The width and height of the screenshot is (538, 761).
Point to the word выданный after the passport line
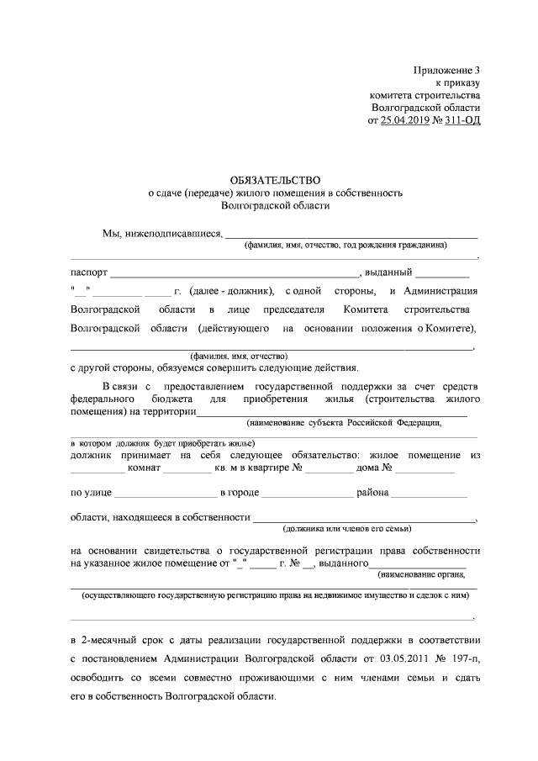tap(388, 272)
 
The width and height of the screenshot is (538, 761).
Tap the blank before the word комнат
tap(97, 468)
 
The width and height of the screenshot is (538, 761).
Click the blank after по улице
tap(165, 493)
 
